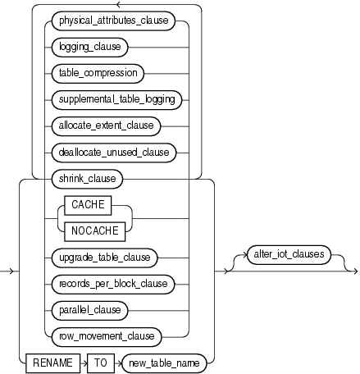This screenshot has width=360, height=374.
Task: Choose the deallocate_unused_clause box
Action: (114, 152)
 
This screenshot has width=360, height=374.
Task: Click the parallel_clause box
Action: (90, 309)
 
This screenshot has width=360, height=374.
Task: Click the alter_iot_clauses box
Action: (285, 255)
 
